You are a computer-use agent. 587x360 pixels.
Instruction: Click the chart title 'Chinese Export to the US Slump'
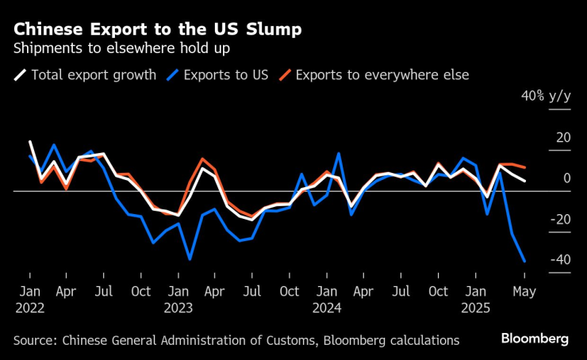click(x=157, y=29)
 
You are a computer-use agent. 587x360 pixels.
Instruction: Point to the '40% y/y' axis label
click(x=546, y=96)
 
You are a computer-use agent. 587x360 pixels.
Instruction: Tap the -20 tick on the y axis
click(x=560, y=220)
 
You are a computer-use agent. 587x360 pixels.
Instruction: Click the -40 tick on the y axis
click(x=560, y=260)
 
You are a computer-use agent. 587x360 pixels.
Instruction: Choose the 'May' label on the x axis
click(x=524, y=291)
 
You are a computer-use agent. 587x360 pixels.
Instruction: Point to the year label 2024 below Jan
click(x=327, y=307)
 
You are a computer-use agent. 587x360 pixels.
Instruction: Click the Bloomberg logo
click(x=535, y=339)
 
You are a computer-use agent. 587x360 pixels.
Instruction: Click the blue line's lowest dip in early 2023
click(x=190, y=259)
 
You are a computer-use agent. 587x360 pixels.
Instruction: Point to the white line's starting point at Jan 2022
click(x=30, y=142)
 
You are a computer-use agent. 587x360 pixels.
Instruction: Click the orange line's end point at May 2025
click(x=524, y=168)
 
